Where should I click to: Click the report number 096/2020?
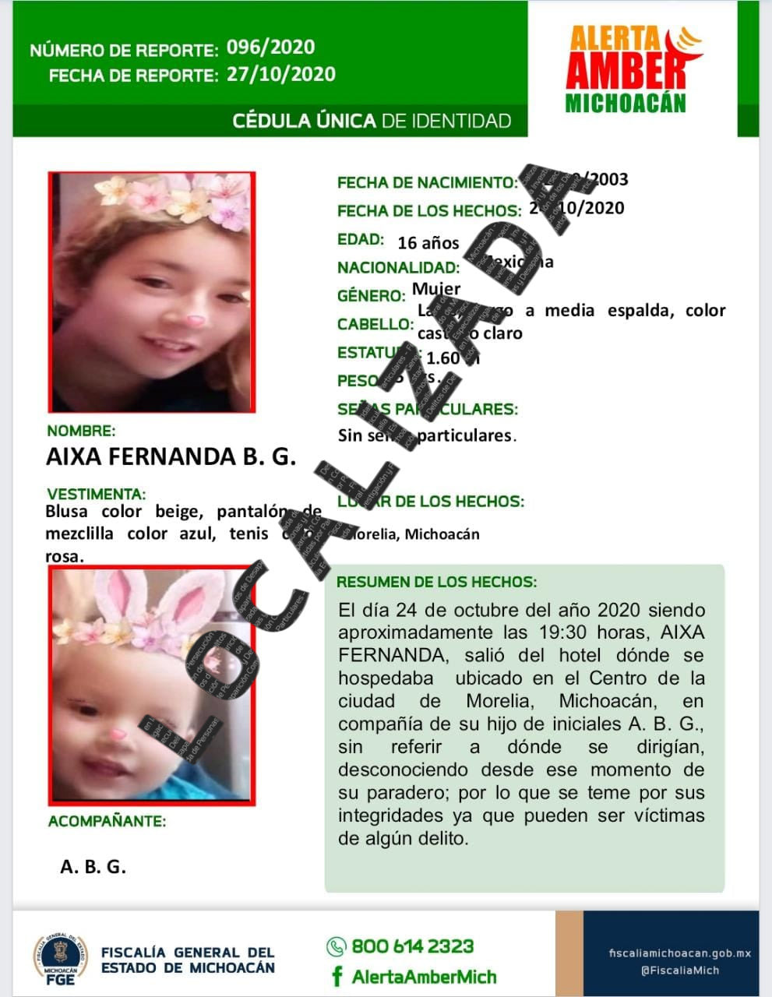click(270, 48)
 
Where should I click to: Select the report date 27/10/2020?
click(280, 75)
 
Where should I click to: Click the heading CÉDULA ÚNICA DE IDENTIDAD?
click(372, 121)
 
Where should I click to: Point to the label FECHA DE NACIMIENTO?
click(426, 183)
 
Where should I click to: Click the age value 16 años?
click(428, 243)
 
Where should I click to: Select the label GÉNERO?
click(371, 296)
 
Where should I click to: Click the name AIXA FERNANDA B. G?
click(171, 456)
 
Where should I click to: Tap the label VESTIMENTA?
click(96, 494)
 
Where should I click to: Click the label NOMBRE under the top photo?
click(80, 431)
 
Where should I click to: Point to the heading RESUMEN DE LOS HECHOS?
click(436, 582)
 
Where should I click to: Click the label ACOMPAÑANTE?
click(107, 821)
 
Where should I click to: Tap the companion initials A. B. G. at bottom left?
click(93, 866)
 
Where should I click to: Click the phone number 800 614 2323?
click(412, 946)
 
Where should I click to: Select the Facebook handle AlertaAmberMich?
click(423, 977)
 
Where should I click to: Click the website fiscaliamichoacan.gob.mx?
click(679, 953)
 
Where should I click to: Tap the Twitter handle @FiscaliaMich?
click(679, 971)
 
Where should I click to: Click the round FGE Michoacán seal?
click(60, 957)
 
